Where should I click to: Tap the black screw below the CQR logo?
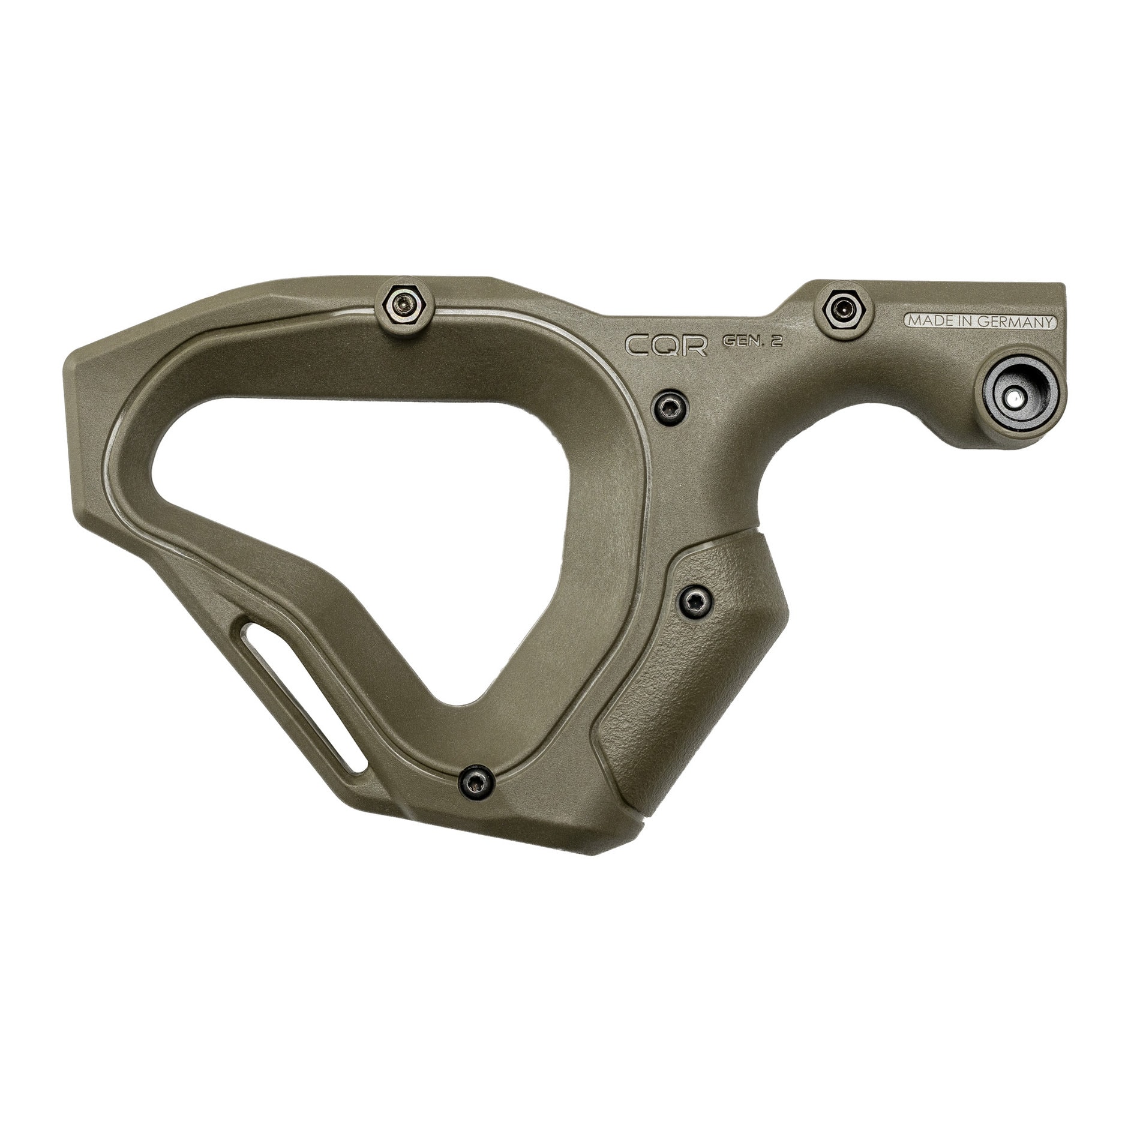(671, 407)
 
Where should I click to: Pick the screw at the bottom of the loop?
(475, 781)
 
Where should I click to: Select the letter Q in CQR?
(666, 345)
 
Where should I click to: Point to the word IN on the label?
(967, 322)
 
